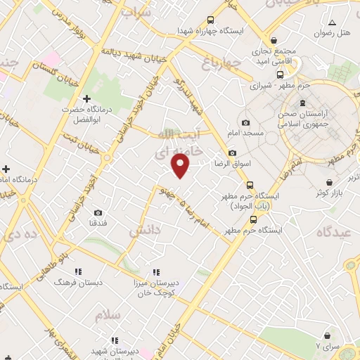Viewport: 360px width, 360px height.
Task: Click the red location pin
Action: [181, 165]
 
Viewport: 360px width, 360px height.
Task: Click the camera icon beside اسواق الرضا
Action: [233, 153]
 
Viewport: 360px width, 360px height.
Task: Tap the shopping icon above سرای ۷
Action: [327, 335]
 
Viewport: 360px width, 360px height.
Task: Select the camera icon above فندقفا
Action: [98, 212]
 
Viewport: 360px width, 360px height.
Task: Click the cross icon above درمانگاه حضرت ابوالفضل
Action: [86, 100]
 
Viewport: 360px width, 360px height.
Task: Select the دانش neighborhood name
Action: [146, 229]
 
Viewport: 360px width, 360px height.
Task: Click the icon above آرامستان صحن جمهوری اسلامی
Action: [303, 103]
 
